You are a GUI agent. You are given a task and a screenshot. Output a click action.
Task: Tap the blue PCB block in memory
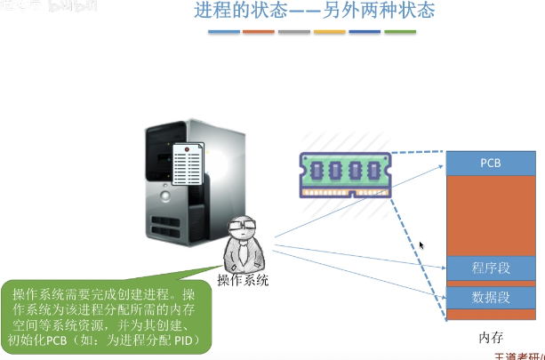pos(491,164)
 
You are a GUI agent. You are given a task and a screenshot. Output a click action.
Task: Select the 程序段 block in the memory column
pos(491,268)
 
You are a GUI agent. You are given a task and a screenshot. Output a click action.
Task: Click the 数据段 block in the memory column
pos(491,297)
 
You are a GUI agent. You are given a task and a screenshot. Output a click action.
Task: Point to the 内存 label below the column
pos(491,339)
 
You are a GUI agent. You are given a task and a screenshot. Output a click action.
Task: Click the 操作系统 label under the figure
pos(243,280)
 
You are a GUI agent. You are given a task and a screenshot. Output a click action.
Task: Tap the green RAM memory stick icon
pos(343,172)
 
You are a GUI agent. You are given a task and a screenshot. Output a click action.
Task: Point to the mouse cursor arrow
pos(422,245)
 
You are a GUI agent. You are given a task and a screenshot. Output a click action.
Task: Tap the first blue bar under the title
pos(224,32)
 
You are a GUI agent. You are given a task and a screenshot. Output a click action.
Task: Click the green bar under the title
pos(400,32)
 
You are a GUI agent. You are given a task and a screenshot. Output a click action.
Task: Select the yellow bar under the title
pos(330,32)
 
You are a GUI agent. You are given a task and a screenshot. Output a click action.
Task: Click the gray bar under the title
pos(294,32)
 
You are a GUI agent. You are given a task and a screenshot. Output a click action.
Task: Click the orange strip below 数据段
pos(491,315)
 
